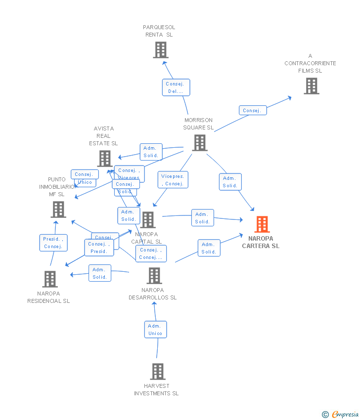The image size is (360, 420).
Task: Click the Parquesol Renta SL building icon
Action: click(160, 50)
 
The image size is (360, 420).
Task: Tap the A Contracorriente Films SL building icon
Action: click(311, 86)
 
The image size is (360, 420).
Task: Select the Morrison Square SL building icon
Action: click(199, 143)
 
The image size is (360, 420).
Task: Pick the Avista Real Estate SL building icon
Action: click(104, 159)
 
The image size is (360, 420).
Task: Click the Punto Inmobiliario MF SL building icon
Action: click(58, 210)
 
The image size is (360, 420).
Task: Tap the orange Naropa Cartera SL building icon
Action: click(262, 224)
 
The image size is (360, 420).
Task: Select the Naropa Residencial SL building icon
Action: click(49, 279)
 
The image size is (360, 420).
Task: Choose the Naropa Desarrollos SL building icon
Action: click(154, 276)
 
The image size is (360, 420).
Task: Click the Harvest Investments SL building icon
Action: click(157, 371)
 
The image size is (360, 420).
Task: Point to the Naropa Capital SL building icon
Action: click(148, 220)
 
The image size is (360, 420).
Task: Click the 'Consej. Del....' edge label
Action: click(176, 87)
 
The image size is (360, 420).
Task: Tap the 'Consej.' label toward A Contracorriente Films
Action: click(252, 111)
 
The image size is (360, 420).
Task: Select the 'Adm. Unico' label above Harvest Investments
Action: click(155, 330)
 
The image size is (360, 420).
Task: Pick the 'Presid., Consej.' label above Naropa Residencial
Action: click(53, 243)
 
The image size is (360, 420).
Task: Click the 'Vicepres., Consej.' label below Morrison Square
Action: click(173, 180)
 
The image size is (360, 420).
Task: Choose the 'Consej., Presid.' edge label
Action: click(99, 248)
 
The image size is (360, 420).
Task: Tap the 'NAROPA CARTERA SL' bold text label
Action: click(261, 242)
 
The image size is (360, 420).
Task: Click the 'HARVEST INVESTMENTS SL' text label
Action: click(156, 390)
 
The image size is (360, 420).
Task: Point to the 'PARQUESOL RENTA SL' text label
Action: click(159, 31)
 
